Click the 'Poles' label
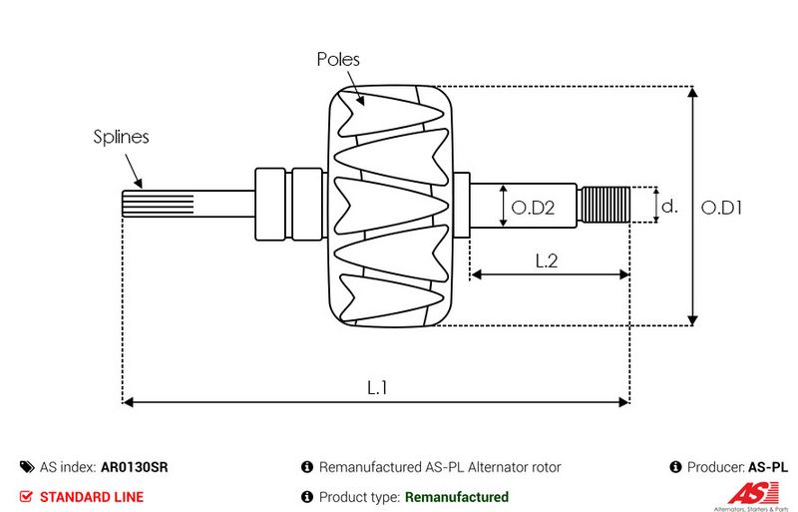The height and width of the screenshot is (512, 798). (338, 60)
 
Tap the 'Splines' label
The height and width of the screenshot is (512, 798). (122, 138)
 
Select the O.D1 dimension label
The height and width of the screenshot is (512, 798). (722, 208)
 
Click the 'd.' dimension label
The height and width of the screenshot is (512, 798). (670, 207)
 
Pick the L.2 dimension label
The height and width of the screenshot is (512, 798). (546, 260)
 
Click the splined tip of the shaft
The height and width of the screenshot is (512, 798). (145, 205)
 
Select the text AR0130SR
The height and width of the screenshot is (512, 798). (134, 467)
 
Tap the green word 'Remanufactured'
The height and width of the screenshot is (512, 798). (456, 497)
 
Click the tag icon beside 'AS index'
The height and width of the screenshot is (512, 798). (26, 467)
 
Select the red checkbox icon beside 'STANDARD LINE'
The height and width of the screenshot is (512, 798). (26, 497)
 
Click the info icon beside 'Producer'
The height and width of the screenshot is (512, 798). (676, 467)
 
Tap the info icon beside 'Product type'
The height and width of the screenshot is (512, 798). (307, 497)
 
